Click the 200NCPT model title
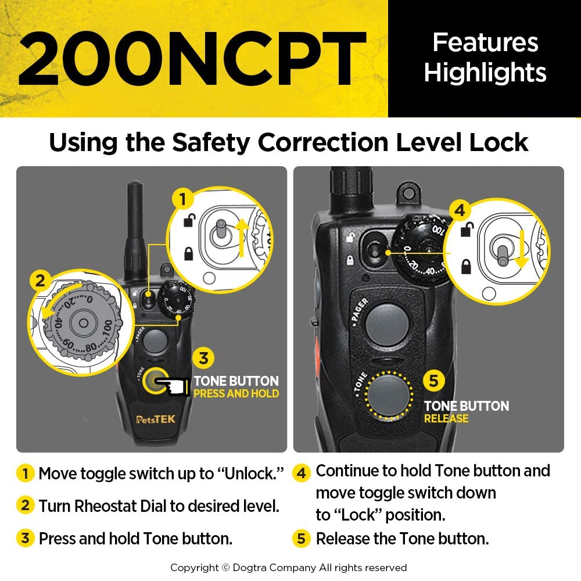click(192, 58)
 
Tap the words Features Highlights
click(485, 58)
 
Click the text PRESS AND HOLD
click(236, 394)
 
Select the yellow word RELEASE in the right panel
click(446, 418)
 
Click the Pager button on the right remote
click(388, 321)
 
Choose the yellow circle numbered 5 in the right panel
click(433, 381)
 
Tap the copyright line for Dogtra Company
click(288, 568)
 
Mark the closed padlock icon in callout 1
click(189, 253)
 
